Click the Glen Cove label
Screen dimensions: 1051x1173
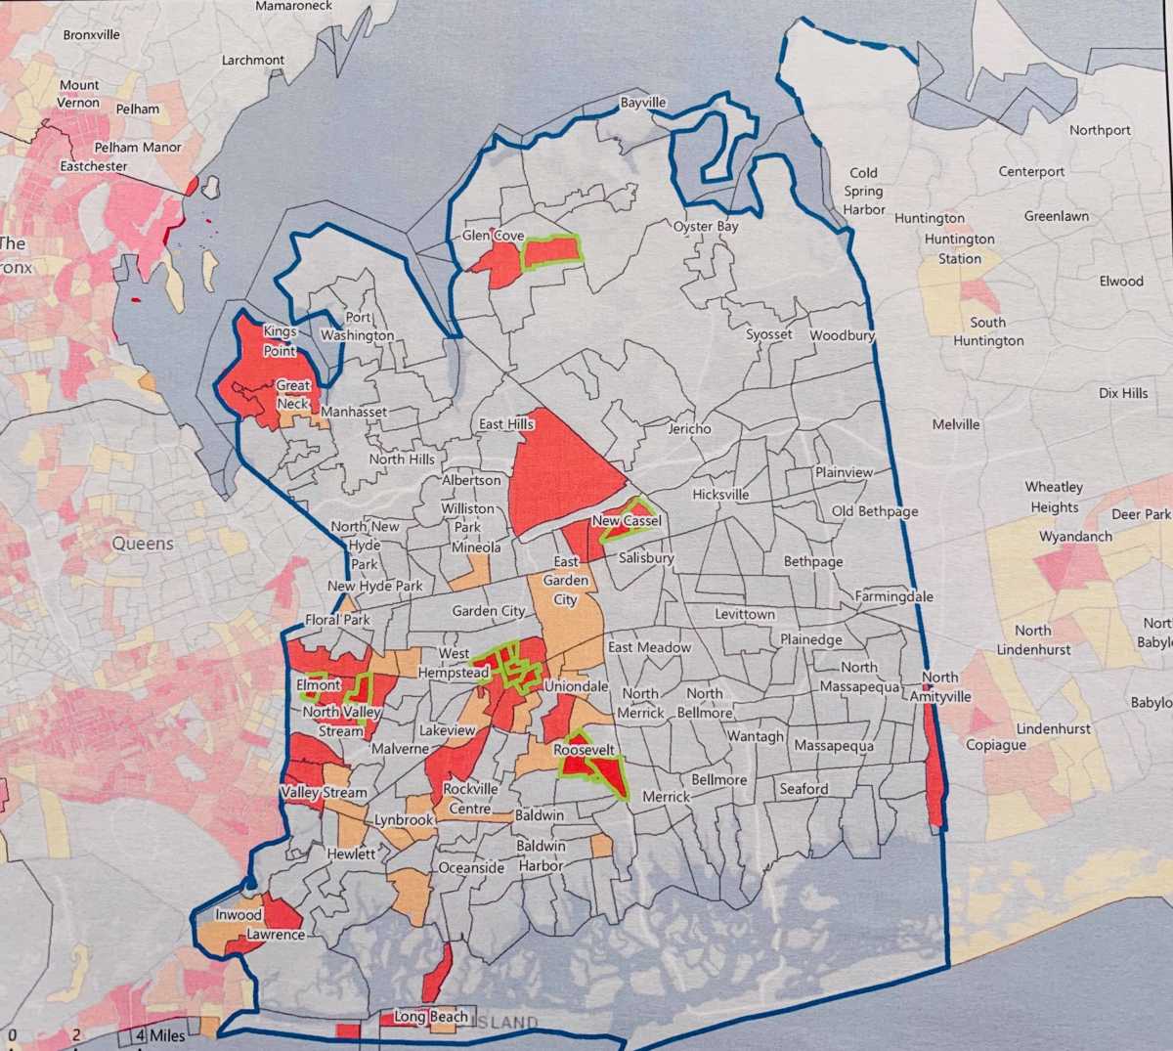pyautogui.click(x=493, y=236)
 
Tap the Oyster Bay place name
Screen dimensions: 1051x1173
pyautogui.click(x=706, y=227)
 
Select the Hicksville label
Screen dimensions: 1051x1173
pyautogui.click(x=720, y=495)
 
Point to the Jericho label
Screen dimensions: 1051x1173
pyautogui.click(x=689, y=428)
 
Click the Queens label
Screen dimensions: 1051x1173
pyautogui.click(x=143, y=544)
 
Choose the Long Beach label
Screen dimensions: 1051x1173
pyautogui.click(x=430, y=1017)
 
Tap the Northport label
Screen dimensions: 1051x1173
pyautogui.click(x=1100, y=130)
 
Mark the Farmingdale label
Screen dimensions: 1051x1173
pyautogui.click(x=893, y=596)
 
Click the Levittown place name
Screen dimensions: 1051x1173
pyautogui.click(x=745, y=615)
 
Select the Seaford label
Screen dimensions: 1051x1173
pyautogui.click(x=804, y=789)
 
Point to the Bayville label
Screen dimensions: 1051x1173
pyautogui.click(x=643, y=103)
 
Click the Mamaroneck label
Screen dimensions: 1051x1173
pyautogui.click(x=293, y=6)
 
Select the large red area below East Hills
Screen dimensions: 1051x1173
pyautogui.click(x=562, y=469)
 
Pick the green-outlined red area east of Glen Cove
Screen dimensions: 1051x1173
pyautogui.click(x=550, y=251)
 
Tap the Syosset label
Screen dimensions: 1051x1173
pyautogui.click(x=769, y=334)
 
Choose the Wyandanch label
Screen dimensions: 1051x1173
pyautogui.click(x=1075, y=537)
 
